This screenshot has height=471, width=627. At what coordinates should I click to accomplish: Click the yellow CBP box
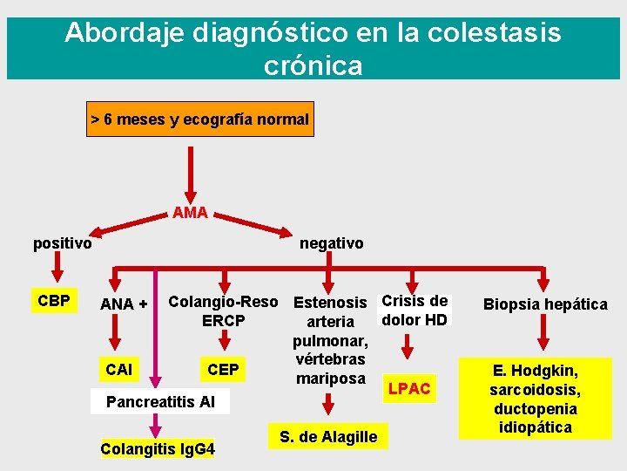[55, 298]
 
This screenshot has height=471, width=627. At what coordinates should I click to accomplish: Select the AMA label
[190, 212]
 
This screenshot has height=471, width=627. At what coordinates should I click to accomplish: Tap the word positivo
[63, 243]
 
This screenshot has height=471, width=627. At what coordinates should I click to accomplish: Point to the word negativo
[332, 243]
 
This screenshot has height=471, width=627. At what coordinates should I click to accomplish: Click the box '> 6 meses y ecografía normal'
[200, 119]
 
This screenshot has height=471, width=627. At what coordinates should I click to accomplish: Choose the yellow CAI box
[118, 369]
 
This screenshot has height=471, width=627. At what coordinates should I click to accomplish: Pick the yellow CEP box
[223, 369]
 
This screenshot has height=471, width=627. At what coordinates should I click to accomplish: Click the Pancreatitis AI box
[160, 402]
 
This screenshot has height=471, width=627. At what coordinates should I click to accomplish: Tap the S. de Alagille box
[328, 436]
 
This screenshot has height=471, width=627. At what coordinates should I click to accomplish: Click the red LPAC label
[408, 388]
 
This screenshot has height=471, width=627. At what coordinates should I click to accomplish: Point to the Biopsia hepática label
[545, 304]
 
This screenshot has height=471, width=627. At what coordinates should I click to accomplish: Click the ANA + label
[124, 304]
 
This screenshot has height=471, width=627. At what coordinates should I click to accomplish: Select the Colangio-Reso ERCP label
[223, 311]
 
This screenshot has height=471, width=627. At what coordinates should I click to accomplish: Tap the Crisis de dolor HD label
[415, 310]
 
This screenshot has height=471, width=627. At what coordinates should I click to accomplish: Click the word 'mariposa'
[331, 379]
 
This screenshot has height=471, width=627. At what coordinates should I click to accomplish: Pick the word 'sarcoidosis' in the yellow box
[535, 389]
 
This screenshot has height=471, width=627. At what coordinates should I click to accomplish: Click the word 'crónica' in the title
[313, 65]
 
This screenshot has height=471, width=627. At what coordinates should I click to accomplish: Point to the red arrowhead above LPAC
[407, 352]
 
